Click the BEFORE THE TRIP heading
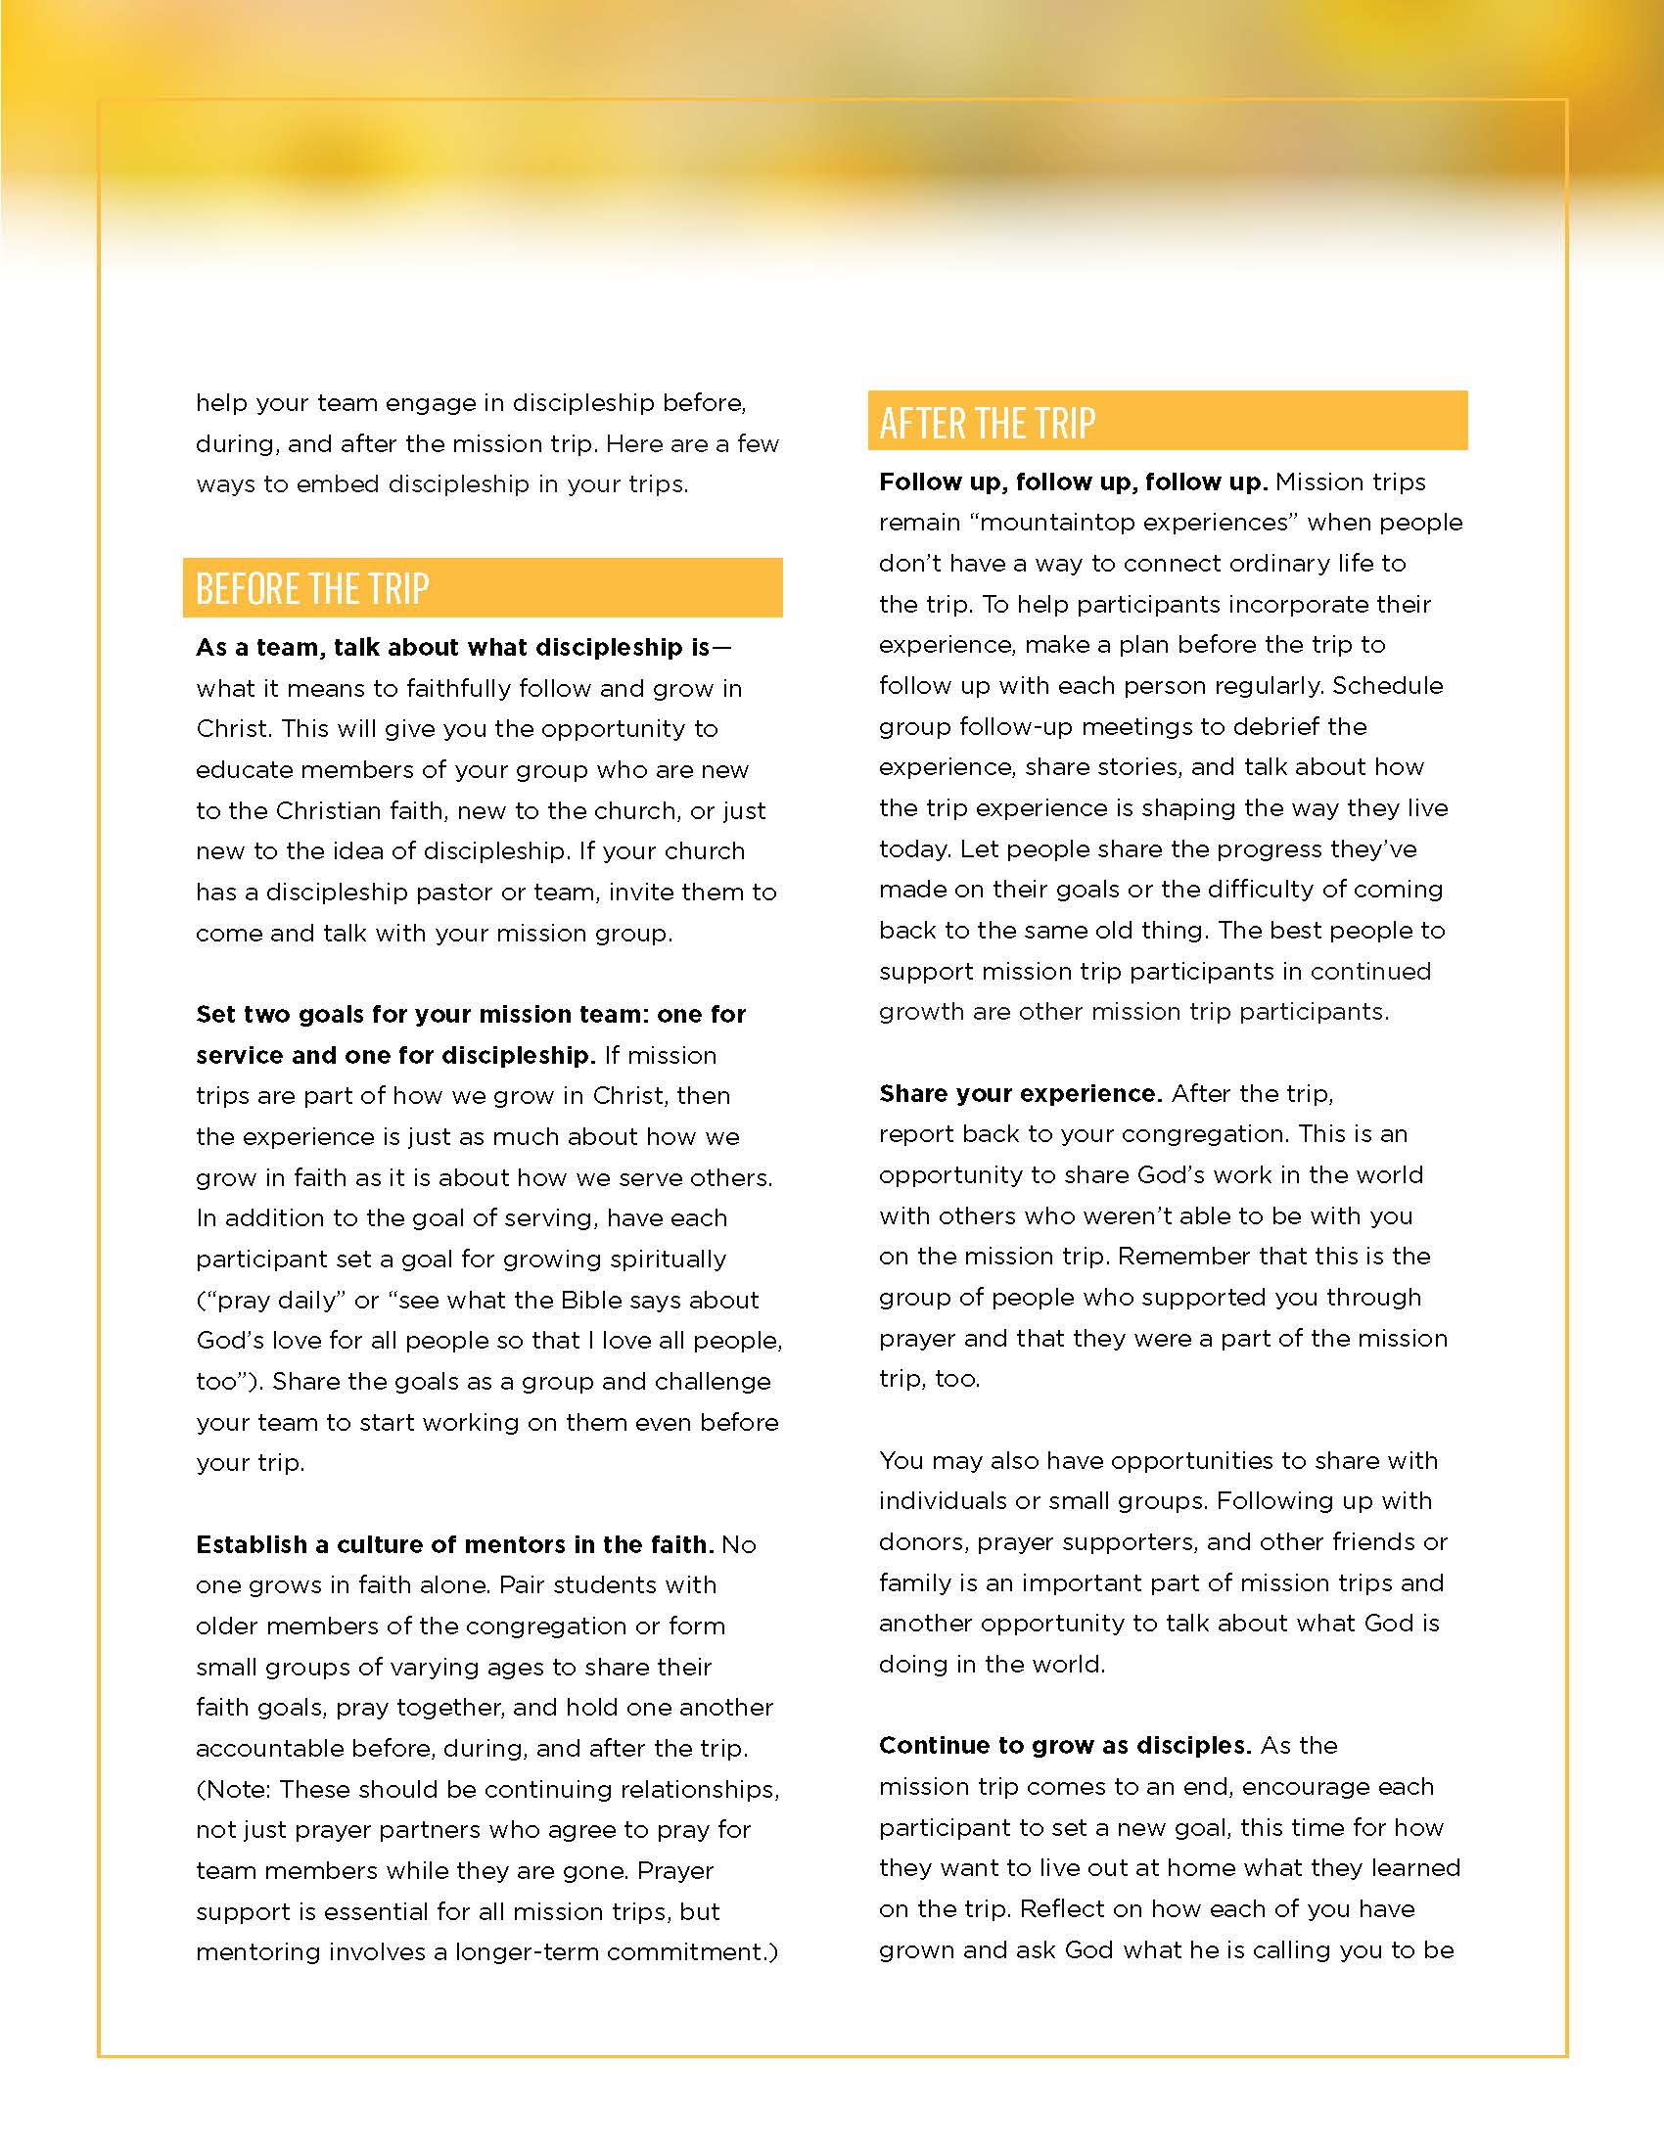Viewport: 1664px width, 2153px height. click(312, 588)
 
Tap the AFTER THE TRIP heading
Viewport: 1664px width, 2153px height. click(987, 423)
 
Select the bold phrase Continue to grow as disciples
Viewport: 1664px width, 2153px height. click(1065, 1745)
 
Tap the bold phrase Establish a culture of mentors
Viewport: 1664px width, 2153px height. click(453, 1543)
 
